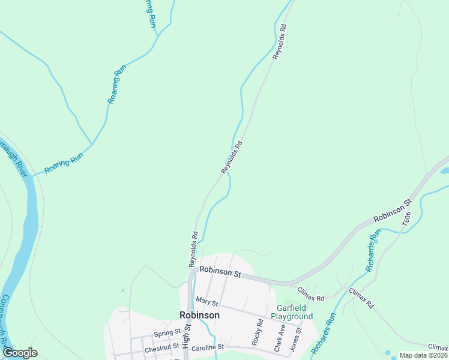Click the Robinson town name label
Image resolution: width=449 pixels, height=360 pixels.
tap(199, 315)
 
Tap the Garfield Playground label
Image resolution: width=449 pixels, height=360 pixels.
tap(292, 312)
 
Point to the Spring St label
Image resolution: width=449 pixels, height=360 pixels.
tap(167, 332)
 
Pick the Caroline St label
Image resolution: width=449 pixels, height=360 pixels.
tap(208, 347)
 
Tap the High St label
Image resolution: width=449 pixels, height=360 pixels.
tap(186, 337)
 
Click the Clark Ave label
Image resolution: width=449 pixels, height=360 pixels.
tap(279, 338)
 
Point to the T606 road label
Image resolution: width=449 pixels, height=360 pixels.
tap(406, 218)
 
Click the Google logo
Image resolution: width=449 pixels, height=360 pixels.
tap(20, 353)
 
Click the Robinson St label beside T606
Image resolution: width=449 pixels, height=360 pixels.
tap(392, 211)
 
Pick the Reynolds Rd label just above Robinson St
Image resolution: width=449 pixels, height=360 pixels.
tap(193, 249)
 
